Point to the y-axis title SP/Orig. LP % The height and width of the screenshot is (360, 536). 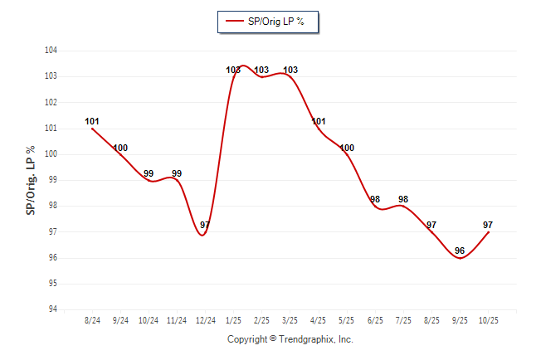pyautogui.click(x=31, y=180)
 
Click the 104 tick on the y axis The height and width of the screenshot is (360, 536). pyautogui.click(x=51, y=51)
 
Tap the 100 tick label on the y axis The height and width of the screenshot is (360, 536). pyautogui.click(x=51, y=154)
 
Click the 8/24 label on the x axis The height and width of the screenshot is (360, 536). pyautogui.click(x=92, y=320)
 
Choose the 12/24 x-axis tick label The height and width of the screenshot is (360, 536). pyautogui.click(x=204, y=320)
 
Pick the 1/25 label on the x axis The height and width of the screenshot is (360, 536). pyautogui.click(x=234, y=320)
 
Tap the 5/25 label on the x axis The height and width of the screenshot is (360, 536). pyautogui.click(x=347, y=320)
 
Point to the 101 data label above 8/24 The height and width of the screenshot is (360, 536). pyautogui.click(x=92, y=121)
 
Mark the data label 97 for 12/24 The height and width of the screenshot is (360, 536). pyautogui.click(x=205, y=225)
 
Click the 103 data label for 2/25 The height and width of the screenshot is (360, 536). pyautogui.click(x=261, y=70)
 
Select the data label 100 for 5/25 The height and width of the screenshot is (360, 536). pyautogui.click(x=347, y=148)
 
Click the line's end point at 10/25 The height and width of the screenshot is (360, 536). pyautogui.click(x=489, y=232)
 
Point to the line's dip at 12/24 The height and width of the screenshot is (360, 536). pyautogui.click(x=203, y=235)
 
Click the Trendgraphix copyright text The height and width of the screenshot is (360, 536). pyautogui.click(x=290, y=339)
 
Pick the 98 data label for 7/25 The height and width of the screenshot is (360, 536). pyautogui.click(x=403, y=199)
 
